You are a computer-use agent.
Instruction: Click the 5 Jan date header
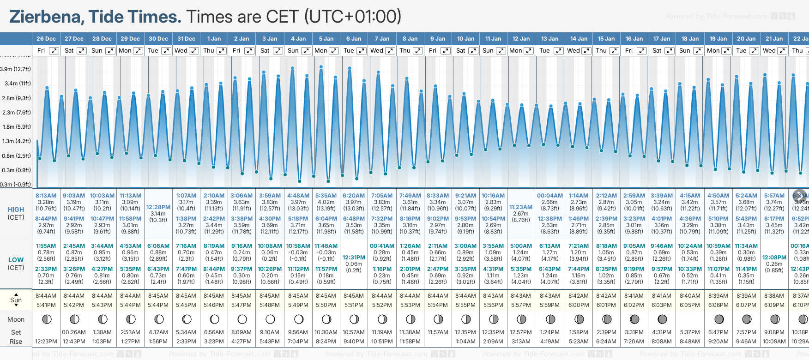(x=326, y=39)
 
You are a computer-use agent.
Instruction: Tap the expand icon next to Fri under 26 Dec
(x=54, y=51)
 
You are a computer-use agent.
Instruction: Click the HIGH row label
(x=16, y=210)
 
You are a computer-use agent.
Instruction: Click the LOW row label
(x=16, y=260)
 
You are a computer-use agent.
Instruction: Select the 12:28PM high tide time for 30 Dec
(x=158, y=207)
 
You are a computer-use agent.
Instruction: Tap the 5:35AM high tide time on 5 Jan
(x=326, y=196)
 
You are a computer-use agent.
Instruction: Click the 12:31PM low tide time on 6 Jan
(x=354, y=258)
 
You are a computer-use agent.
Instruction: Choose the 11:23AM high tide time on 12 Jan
(x=521, y=207)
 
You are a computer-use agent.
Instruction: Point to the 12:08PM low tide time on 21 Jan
(x=774, y=258)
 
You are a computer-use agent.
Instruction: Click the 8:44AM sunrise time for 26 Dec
(x=46, y=296)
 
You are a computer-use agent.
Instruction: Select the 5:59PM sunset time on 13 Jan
(x=549, y=305)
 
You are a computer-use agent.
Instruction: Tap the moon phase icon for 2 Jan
(x=242, y=319)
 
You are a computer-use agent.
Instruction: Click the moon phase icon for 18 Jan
(x=690, y=319)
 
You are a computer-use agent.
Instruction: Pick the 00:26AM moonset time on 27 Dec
(x=74, y=332)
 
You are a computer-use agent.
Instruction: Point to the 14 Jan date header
(x=579, y=39)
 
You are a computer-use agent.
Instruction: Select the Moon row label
(x=16, y=319)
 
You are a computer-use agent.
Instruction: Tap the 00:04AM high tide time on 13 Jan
(x=549, y=196)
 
